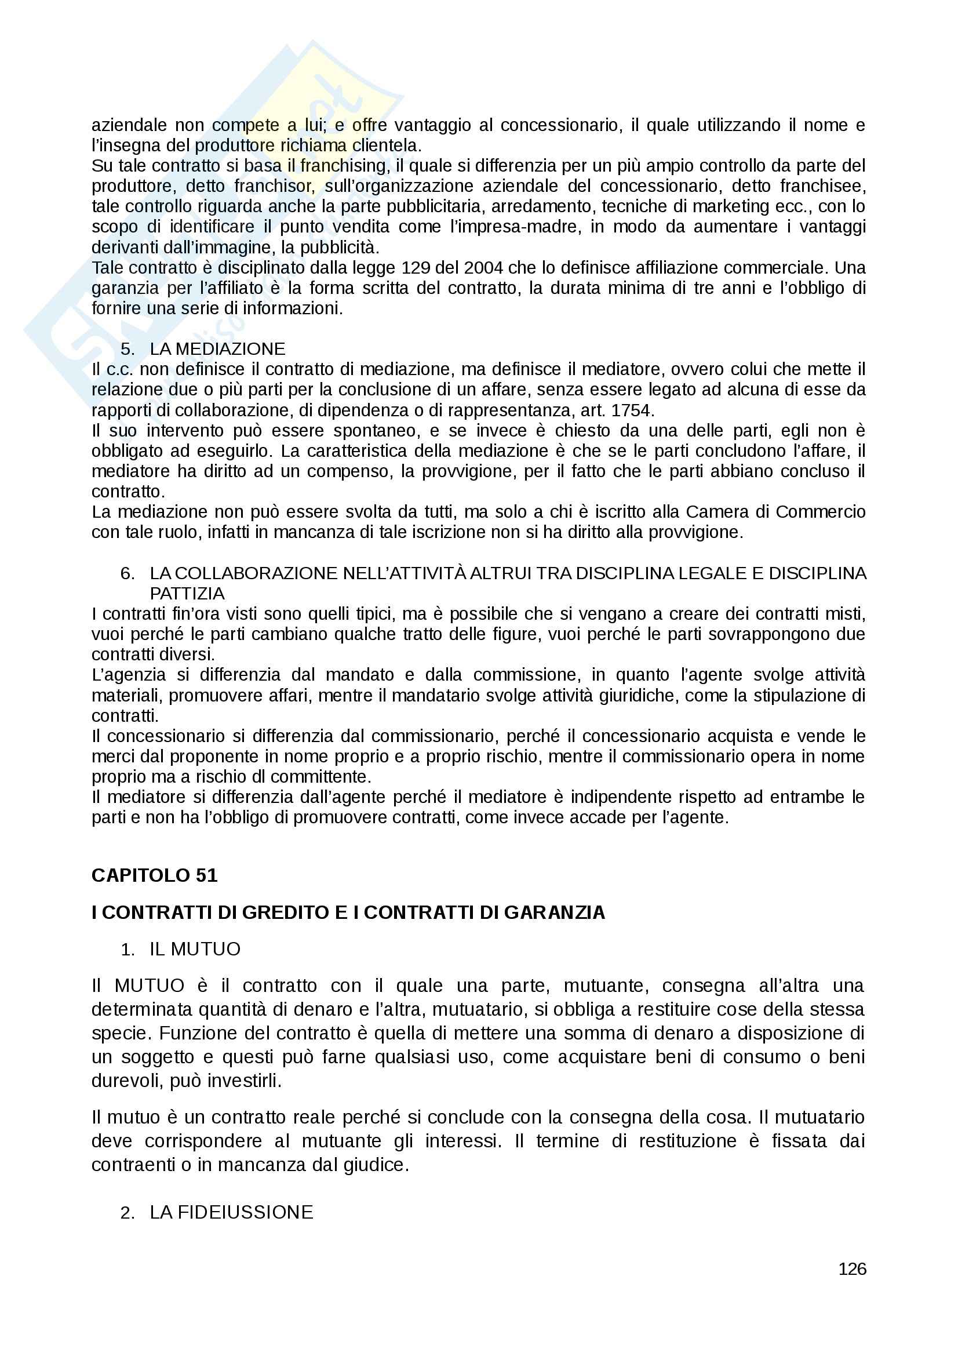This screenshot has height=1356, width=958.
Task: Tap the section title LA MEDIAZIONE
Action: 217,349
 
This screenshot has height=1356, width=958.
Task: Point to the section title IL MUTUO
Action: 195,949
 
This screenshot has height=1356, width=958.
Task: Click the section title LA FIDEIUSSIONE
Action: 231,1212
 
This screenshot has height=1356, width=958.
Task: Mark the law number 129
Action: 417,268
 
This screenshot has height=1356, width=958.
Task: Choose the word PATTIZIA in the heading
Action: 187,593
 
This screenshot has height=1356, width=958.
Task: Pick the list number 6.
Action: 128,573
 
